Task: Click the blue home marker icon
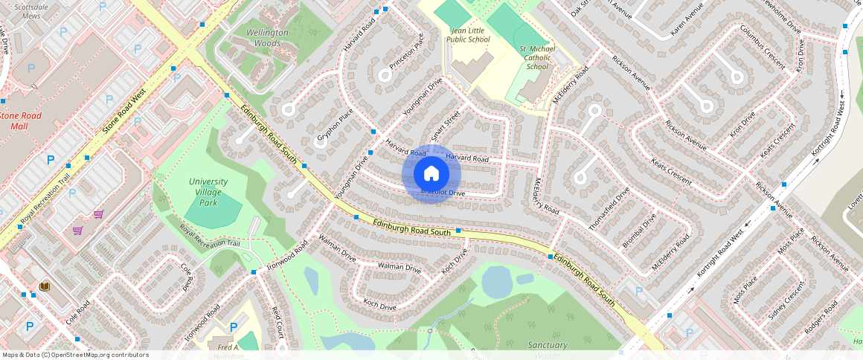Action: coord(431,173)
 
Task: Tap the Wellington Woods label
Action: coord(267,38)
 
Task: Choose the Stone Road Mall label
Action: coord(19,120)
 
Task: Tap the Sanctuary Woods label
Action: coord(548,350)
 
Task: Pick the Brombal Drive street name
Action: coord(640,231)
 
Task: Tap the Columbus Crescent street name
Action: coord(762,46)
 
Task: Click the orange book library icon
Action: coord(44,286)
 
